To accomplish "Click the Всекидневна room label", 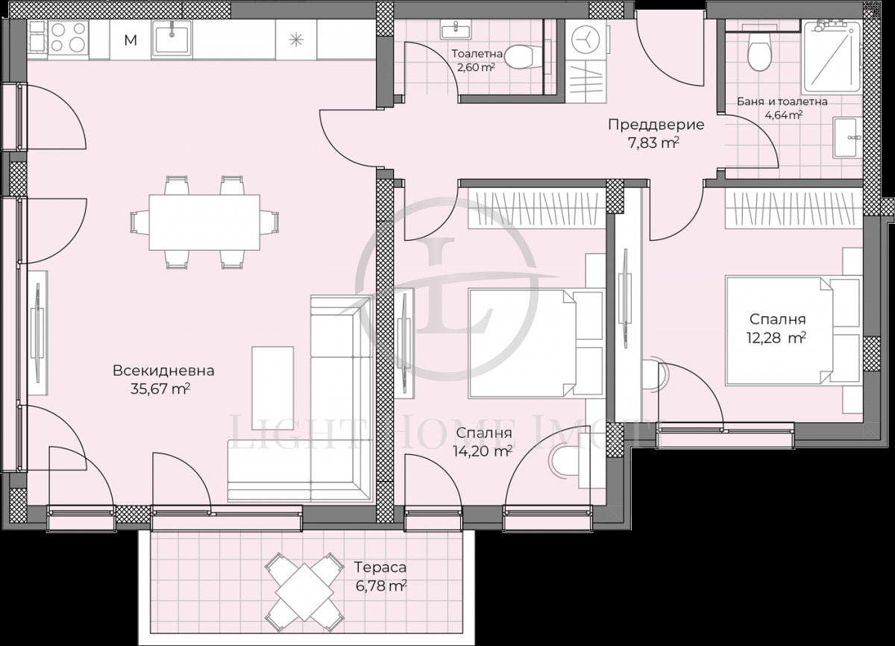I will point(163,370).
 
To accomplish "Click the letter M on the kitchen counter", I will point(131,40).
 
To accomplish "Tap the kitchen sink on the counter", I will point(172,38).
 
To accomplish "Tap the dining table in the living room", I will point(204,222).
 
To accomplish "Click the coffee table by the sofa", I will point(268,387).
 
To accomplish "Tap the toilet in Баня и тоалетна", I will point(759,52).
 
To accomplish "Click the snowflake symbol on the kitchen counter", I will point(296,40).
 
